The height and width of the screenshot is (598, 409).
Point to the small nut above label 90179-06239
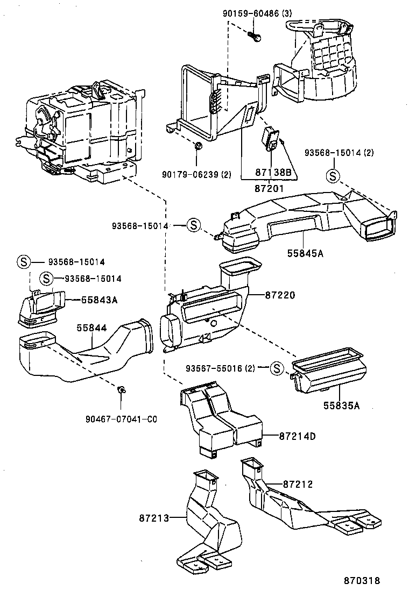pyautogui.click(x=198, y=146)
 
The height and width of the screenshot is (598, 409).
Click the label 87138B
pyautogui.click(x=273, y=172)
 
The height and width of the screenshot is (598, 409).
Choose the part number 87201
pyautogui.click(x=269, y=189)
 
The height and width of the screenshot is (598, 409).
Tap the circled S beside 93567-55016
pyautogui.click(x=276, y=368)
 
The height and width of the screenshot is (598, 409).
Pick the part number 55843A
pyautogui.click(x=99, y=300)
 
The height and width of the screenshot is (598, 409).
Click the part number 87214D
pyautogui.click(x=297, y=436)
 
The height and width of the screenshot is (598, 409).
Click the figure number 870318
pyautogui.click(x=363, y=581)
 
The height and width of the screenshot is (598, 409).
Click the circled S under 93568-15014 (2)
pyautogui.click(x=333, y=175)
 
